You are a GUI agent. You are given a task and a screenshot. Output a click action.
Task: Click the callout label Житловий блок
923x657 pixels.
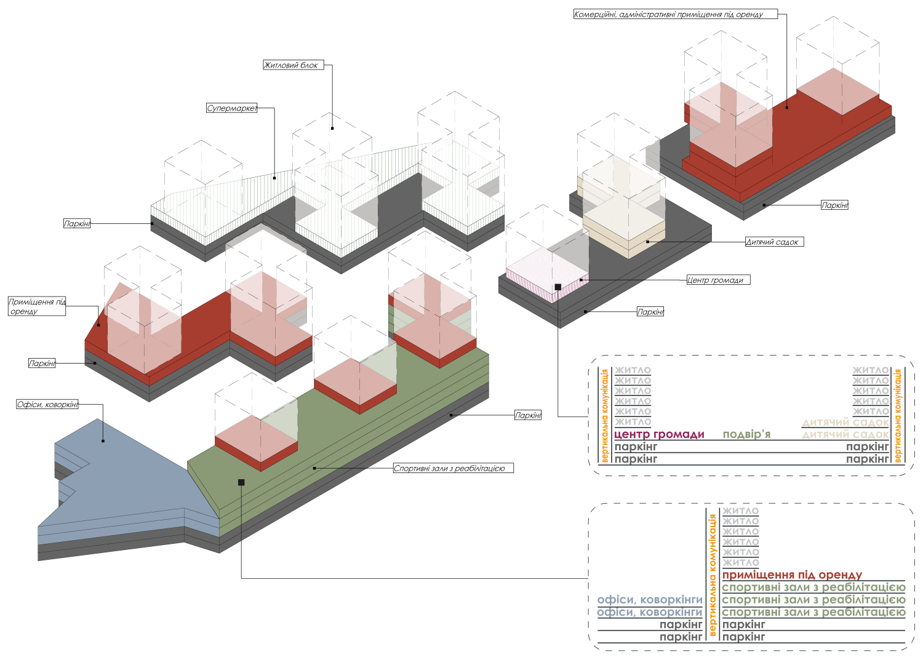(294, 65)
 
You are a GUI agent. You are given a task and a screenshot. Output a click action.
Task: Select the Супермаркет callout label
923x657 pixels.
(231, 108)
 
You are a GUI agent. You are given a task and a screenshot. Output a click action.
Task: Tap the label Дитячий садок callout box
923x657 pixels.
(774, 242)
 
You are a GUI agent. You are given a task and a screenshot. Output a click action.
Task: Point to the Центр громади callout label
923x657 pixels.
(718, 280)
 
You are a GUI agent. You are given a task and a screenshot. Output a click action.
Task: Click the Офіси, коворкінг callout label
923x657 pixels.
(47, 405)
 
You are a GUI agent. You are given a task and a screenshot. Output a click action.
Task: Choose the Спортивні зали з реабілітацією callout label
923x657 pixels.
(454, 468)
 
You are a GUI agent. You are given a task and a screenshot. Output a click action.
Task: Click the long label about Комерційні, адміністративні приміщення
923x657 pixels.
(676, 14)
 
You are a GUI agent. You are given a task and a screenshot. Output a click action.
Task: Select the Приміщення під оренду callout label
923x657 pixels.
(37, 306)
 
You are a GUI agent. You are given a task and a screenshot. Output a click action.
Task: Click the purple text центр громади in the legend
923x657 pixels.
(659, 434)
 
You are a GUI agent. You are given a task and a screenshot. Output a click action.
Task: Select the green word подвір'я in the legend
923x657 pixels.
(746, 434)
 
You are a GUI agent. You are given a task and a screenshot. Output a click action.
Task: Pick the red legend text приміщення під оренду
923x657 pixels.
(792, 575)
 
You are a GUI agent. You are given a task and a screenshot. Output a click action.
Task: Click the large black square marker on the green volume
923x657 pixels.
(241, 482)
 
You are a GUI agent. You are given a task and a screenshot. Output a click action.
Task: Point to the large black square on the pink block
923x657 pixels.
(558, 287)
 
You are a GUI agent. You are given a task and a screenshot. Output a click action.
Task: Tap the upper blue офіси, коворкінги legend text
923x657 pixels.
(650, 600)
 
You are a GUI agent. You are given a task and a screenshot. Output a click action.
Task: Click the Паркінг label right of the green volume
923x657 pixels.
(528, 415)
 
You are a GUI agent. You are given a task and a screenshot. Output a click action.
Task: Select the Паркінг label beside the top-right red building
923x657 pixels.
(835, 205)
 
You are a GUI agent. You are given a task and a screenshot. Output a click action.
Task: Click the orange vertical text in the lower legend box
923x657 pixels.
(712, 575)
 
